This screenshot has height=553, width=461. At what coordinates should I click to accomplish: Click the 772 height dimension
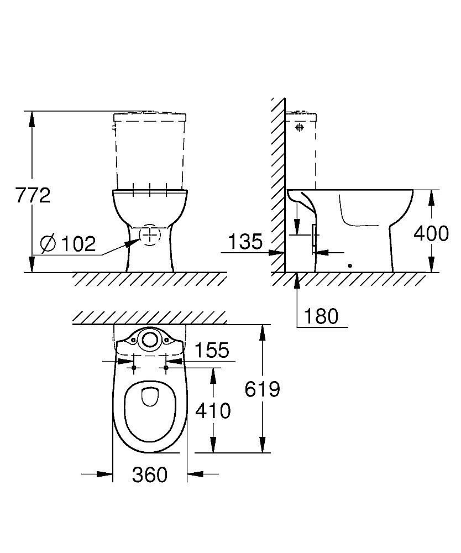point(33,195)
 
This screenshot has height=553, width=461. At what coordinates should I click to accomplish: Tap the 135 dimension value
point(245,242)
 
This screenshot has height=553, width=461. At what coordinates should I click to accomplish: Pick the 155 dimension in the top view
point(211,350)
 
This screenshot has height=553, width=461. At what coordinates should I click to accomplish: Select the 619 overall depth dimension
point(263,389)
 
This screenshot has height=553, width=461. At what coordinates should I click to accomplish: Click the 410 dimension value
point(213,410)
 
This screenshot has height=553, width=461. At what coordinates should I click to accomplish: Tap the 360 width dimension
point(150,474)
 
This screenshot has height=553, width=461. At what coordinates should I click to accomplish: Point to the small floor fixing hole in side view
point(349,265)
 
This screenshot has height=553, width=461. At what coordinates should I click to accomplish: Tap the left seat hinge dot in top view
point(134,367)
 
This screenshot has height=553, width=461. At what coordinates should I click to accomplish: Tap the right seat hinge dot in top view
point(165,367)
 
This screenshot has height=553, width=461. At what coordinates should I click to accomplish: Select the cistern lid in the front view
point(150,117)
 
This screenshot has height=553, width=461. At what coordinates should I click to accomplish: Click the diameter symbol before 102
point(49,243)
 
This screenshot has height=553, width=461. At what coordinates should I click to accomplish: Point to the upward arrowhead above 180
point(297,279)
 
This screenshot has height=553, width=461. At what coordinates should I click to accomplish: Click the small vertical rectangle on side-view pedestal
point(315,236)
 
